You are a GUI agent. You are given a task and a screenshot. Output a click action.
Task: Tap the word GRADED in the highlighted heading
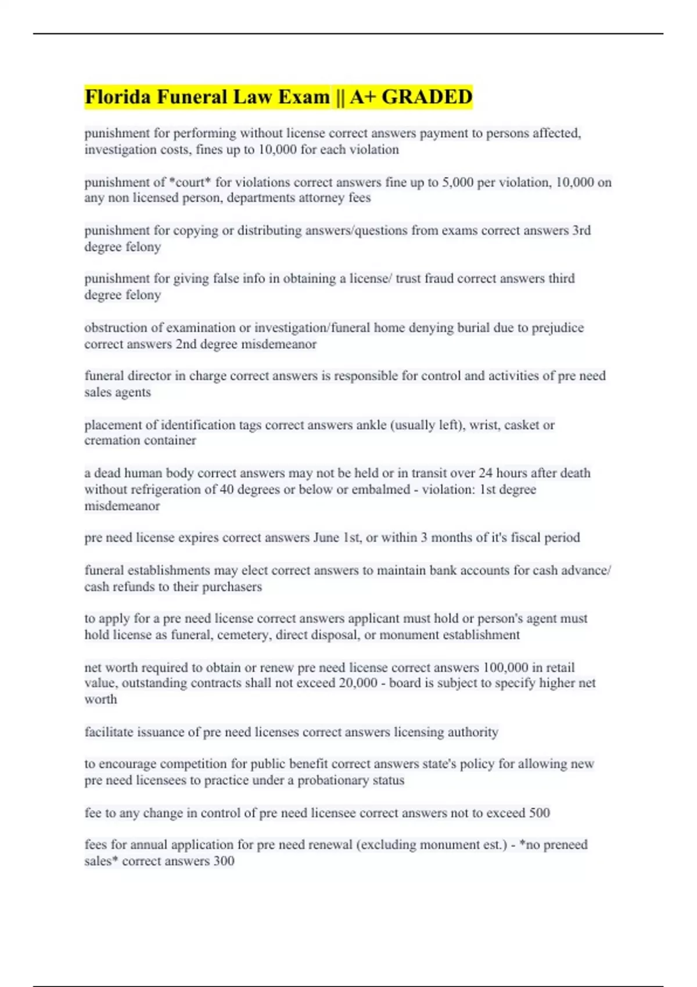tap(427, 96)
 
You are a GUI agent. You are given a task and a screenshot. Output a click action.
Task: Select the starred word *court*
tap(190, 182)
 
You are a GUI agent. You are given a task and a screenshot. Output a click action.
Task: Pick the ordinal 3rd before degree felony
tap(581, 230)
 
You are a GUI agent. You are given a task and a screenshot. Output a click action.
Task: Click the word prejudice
tap(556, 328)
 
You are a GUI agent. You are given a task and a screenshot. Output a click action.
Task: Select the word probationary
tap(333, 780)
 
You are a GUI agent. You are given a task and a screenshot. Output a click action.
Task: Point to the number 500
tap(539, 813)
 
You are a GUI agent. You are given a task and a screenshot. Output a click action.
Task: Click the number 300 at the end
tap(224, 861)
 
